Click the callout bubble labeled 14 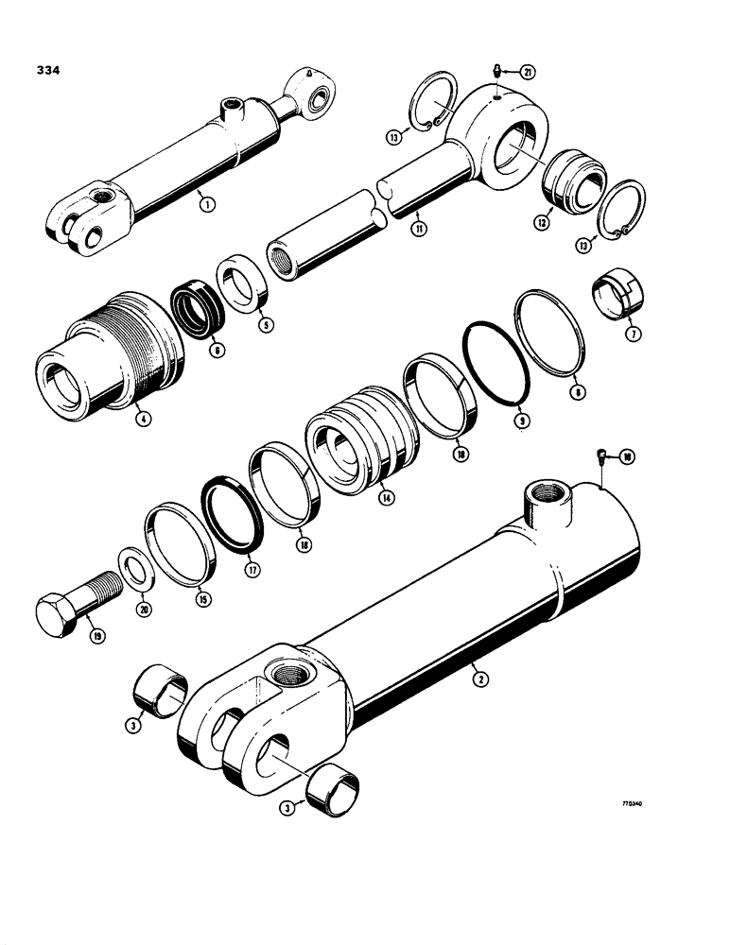click(x=387, y=498)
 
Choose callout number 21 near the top click(x=528, y=72)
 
